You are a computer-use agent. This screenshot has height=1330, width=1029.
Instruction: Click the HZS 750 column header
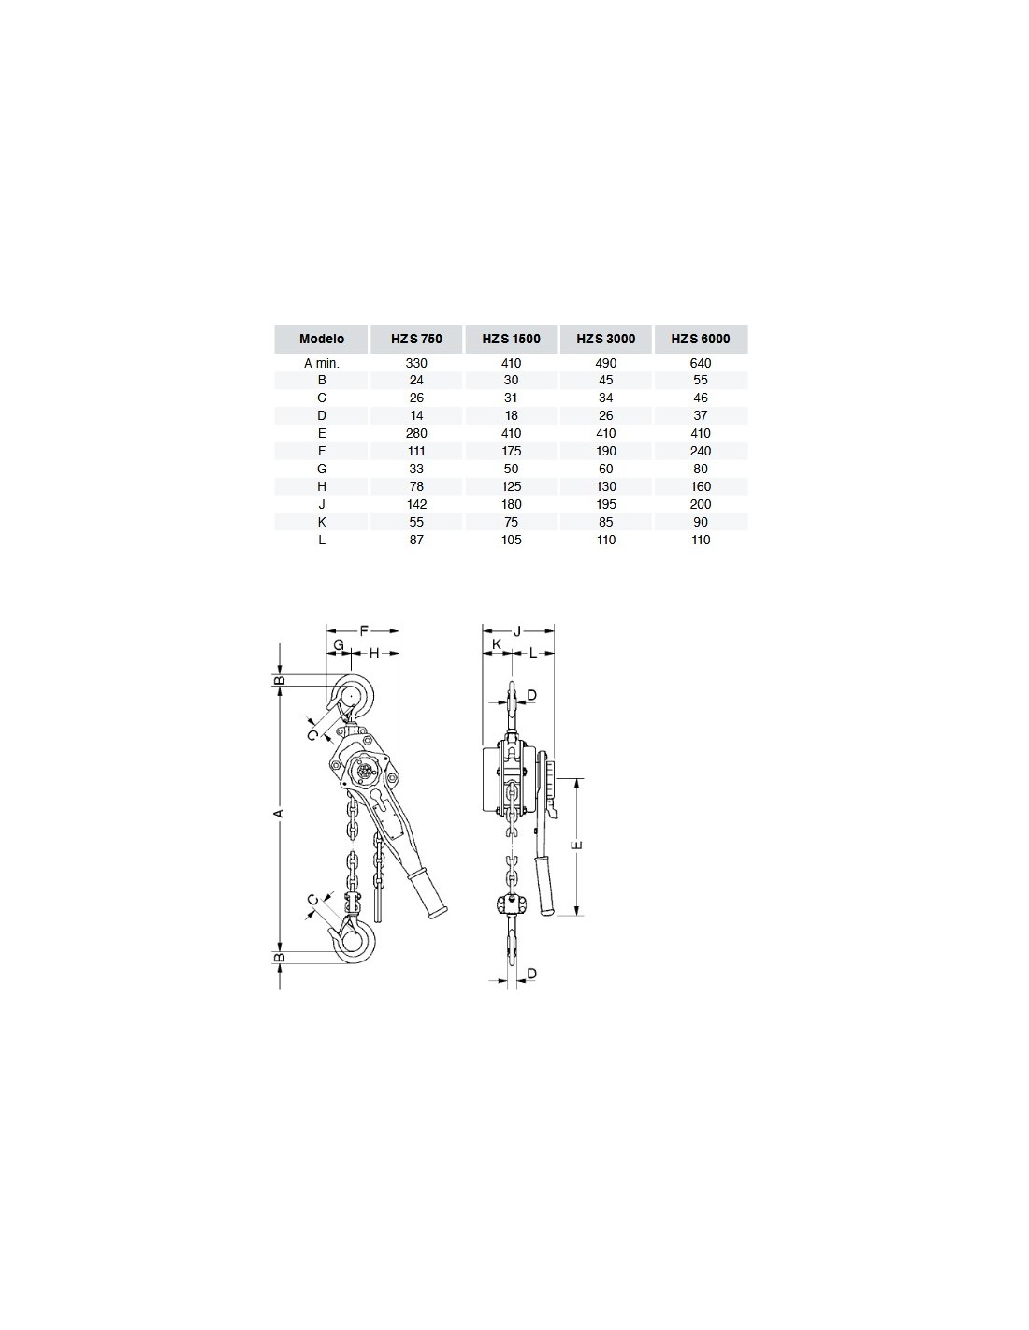[x=416, y=339]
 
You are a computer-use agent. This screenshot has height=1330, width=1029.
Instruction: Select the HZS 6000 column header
[x=701, y=339]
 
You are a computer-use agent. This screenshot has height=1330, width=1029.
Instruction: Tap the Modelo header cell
[x=322, y=339]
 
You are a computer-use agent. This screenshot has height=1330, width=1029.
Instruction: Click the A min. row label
[x=322, y=363]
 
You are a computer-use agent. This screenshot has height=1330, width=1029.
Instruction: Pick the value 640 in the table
[x=701, y=363]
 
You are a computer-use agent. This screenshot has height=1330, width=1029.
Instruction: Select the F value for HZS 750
[x=416, y=451]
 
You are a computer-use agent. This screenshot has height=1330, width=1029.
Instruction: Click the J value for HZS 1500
[x=511, y=504]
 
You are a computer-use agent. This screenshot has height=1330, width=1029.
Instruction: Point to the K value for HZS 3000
[x=605, y=522]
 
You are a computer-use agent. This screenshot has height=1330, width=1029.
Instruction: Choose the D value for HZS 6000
[x=701, y=415]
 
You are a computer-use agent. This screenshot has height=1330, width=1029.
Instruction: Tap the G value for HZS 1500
[x=511, y=469]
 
